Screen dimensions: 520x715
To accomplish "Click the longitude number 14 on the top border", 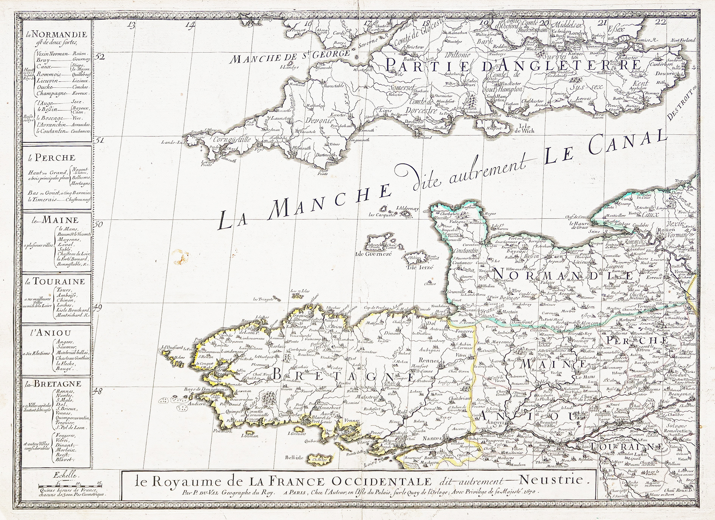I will pos(190,25).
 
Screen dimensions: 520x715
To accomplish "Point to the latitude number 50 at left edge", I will pos(99,224).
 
